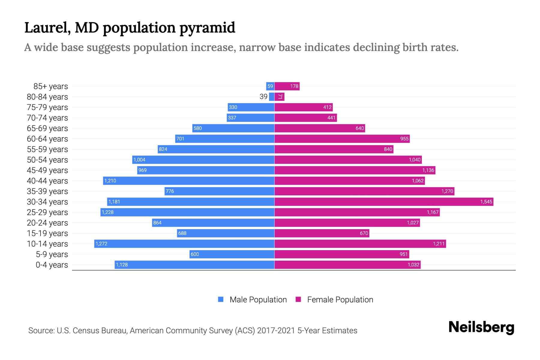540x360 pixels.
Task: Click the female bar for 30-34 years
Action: (x=384, y=202)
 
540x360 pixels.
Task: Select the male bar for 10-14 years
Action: (x=184, y=244)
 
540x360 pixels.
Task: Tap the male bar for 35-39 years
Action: (x=219, y=191)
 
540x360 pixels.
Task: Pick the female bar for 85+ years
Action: (x=287, y=86)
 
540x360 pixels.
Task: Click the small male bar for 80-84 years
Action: (x=271, y=97)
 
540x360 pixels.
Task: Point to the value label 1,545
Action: (x=486, y=202)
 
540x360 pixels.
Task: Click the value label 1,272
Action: (x=101, y=244)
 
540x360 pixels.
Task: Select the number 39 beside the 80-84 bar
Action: (x=263, y=97)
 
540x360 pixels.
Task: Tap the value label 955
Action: (x=404, y=139)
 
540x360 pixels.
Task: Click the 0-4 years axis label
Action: (x=52, y=265)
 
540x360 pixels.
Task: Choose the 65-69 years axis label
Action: (x=47, y=128)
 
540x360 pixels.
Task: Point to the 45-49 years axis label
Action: (x=47, y=170)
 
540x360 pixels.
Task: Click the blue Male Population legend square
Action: (x=221, y=299)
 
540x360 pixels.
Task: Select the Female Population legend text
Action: (x=340, y=299)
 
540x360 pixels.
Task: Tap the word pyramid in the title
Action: (x=207, y=28)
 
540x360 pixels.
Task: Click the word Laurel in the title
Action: (x=47, y=28)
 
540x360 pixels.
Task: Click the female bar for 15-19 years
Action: (x=322, y=233)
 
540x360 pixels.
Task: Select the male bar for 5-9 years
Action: (x=232, y=254)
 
